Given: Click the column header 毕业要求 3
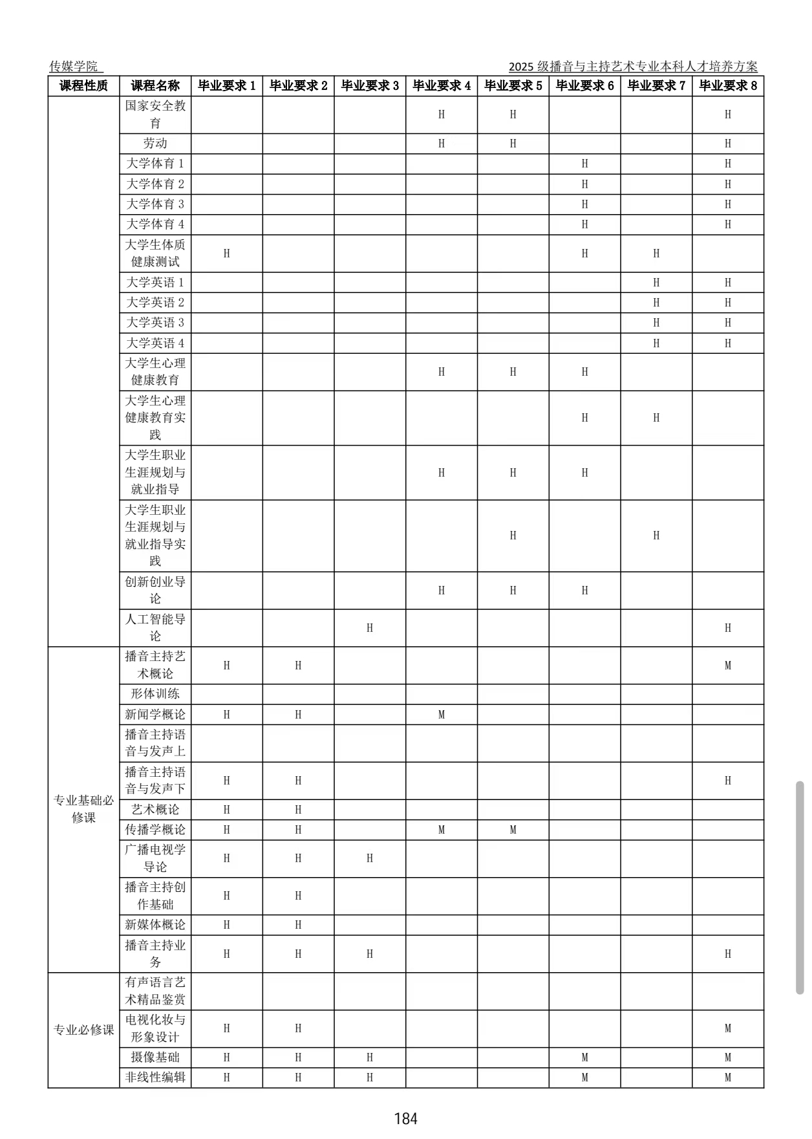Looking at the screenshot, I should pyautogui.click(x=370, y=86).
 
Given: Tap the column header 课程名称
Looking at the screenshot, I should pyautogui.click(x=155, y=86).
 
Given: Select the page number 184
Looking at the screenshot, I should pyautogui.click(x=405, y=1118).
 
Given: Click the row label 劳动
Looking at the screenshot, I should pyautogui.click(x=155, y=144).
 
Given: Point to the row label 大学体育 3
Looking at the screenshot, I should pyautogui.click(x=155, y=204).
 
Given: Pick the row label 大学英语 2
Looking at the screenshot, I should pyautogui.click(x=155, y=303).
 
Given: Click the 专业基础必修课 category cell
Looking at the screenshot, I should pyautogui.click(x=83, y=809).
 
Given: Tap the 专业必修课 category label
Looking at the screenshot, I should pyautogui.click(x=83, y=1030).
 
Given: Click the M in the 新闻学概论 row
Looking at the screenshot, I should pyautogui.click(x=442, y=715).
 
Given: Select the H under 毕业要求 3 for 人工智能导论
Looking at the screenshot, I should pyautogui.click(x=370, y=628).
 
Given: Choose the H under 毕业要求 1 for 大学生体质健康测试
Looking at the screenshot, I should pyautogui.click(x=227, y=254).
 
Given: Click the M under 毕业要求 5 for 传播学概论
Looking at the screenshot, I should pyautogui.click(x=513, y=830).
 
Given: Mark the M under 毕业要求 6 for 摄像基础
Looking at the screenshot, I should pyautogui.click(x=585, y=1058).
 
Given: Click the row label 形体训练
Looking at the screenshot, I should pyautogui.click(x=155, y=694).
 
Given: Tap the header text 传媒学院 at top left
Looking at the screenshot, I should pyautogui.click(x=74, y=67).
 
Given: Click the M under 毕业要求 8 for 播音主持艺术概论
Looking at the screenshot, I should pyautogui.click(x=728, y=666).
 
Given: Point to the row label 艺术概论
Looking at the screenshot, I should pyautogui.click(x=155, y=810).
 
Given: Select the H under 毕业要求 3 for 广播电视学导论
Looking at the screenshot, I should pyautogui.click(x=370, y=858).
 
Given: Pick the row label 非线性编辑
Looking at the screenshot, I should pyautogui.click(x=155, y=1078).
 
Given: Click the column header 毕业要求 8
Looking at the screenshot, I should pyautogui.click(x=728, y=86).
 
